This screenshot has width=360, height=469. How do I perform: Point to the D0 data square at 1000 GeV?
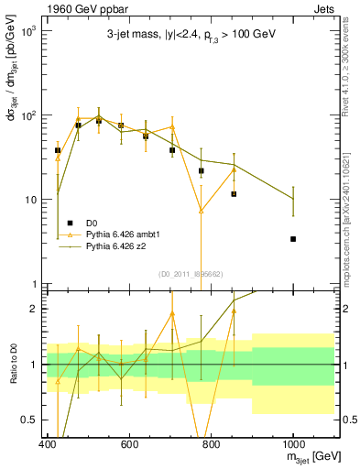click(293, 239)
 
